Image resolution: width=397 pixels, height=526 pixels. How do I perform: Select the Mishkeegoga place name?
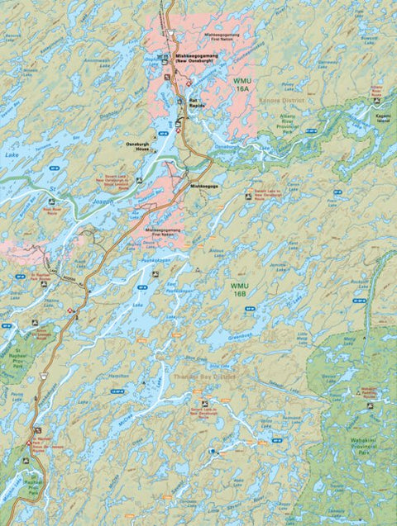pyautogui.click(x=204, y=186)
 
